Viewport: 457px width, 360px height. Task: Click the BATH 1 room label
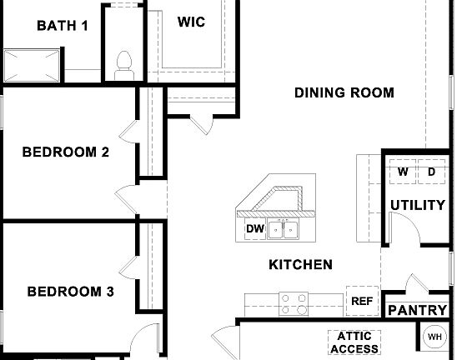[62, 25]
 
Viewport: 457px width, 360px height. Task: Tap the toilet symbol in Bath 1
[124, 62]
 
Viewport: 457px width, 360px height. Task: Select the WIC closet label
[191, 22]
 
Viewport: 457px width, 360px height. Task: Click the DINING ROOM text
[344, 92]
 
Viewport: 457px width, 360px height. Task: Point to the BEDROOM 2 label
[65, 152]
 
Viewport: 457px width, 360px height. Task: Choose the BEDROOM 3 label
[70, 292]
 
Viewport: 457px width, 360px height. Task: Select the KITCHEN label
[300, 265]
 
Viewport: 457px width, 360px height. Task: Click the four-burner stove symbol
[293, 304]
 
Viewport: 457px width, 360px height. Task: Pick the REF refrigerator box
[361, 302]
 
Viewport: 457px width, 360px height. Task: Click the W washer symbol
[402, 172]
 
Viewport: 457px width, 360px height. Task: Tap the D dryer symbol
[431, 172]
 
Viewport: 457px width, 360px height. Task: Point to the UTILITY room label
[418, 205]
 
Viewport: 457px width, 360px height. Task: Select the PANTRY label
[418, 310]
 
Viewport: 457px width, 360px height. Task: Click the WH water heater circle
[434, 337]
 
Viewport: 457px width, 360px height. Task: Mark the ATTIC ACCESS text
[354, 342]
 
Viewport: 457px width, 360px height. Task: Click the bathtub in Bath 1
[33, 64]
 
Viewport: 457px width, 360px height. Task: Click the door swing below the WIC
[200, 123]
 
